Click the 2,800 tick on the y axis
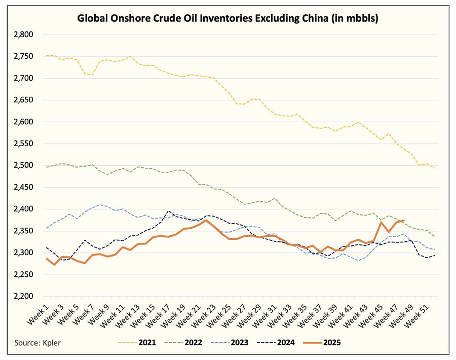(22, 35)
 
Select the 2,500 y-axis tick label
(22, 166)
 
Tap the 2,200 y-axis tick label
(22, 297)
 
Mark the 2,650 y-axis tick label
(22, 100)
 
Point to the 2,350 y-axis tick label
(22, 231)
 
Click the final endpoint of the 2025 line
(403, 221)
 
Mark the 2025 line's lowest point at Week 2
(54, 265)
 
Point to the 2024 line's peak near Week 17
(169, 211)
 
